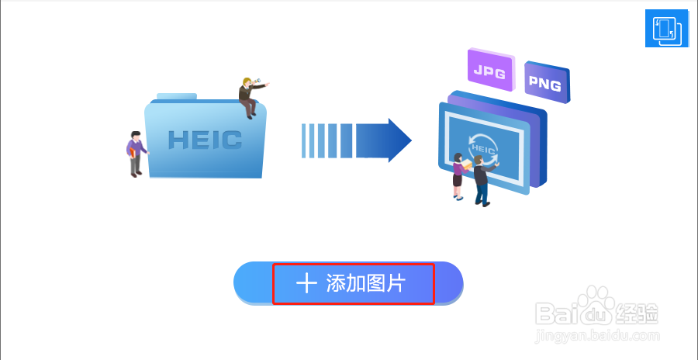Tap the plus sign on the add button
(x=307, y=284)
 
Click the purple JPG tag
(x=490, y=73)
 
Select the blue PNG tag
(x=545, y=83)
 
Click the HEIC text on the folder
(x=205, y=140)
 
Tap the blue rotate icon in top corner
(x=666, y=29)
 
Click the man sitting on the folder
(x=250, y=97)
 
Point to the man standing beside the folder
(x=136, y=154)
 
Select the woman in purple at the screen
(x=458, y=177)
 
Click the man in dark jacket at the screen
(x=481, y=179)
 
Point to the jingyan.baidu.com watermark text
(x=597, y=335)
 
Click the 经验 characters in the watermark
(x=640, y=313)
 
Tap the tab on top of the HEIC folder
(x=177, y=97)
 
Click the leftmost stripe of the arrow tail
(x=304, y=140)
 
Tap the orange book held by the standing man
(x=133, y=154)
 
